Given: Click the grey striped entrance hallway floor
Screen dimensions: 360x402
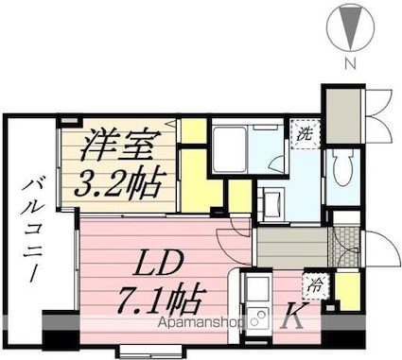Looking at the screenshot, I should (293, 247).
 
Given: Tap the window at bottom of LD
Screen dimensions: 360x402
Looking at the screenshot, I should (142, 351).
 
